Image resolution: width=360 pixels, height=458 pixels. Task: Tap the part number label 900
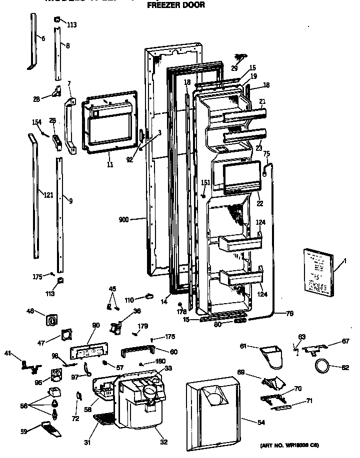(x=125, y=219)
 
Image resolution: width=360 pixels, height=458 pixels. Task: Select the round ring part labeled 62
(x=322, y=368)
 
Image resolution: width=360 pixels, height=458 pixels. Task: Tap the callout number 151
(x=205, y=182)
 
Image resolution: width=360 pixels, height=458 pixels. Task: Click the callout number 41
(x=21, y=354)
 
